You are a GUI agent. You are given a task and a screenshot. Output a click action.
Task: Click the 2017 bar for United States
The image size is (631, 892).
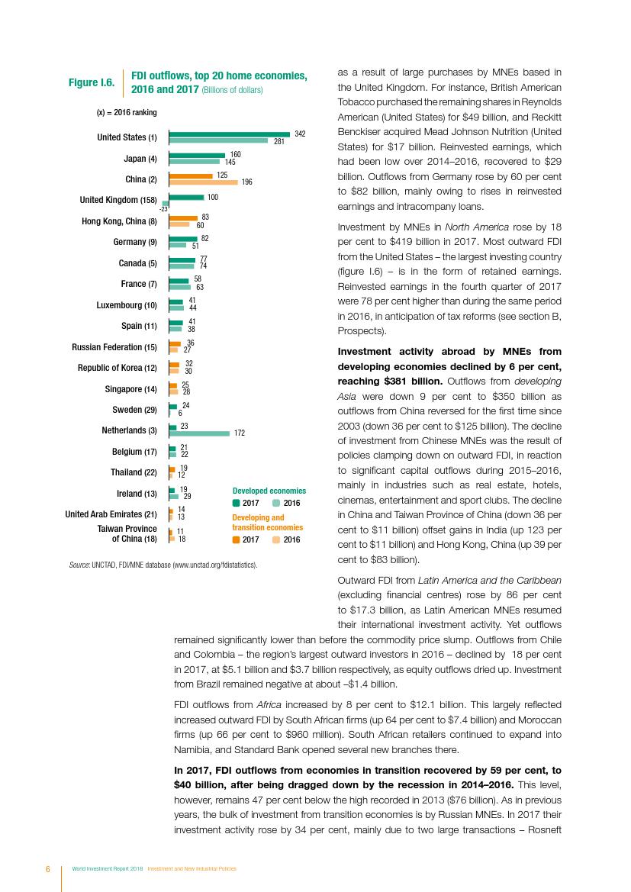point(229,134)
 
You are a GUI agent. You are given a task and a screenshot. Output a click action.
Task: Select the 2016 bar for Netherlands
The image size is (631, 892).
point(199,433)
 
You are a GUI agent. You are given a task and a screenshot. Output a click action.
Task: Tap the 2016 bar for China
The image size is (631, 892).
point(203,182)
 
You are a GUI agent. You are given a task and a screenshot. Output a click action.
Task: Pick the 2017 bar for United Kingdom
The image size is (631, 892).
point(186,197)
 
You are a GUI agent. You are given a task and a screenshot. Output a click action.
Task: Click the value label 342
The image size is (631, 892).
point(300,134)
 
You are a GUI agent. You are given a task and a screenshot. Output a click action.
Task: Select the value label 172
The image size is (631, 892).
point(239,433)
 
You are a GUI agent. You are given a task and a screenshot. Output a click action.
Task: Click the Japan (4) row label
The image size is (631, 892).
point(140,159)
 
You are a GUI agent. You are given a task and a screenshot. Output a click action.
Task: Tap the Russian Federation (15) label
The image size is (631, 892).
point(114,347)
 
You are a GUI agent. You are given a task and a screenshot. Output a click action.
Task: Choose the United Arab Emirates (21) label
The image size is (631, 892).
point(111,514)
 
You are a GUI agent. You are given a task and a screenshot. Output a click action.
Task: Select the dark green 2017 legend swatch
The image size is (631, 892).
point(236,504)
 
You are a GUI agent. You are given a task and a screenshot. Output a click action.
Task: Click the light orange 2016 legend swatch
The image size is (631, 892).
point(276,539)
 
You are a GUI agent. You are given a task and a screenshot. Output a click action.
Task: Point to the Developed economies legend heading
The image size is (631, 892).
point(269,491)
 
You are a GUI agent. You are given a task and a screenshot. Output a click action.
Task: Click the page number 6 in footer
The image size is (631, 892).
point(47,869)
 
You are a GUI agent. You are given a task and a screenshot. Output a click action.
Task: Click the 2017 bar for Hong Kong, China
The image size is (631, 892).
point(183,217)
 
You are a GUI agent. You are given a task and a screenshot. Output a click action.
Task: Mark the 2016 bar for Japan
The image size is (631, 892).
point(194,162)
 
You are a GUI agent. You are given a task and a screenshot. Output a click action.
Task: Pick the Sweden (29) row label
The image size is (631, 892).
point(130,410)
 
